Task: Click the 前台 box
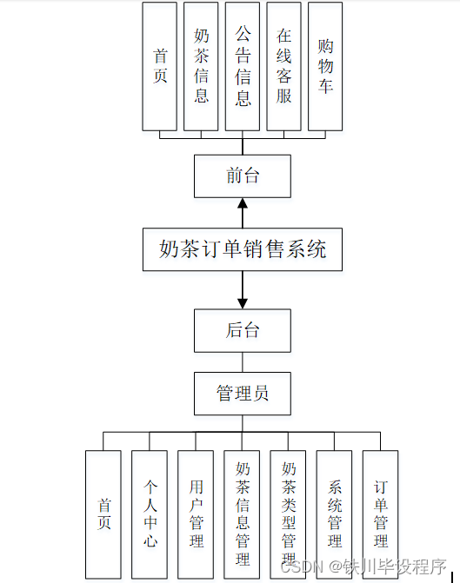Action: [x=243, y=176]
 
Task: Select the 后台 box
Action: [x=243, y=330]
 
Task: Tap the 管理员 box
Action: [x=243, y=393]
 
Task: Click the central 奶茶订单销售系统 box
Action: [x=243, y=249]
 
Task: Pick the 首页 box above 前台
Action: [x=160, y=66]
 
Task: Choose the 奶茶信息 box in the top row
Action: [x=201, y=66]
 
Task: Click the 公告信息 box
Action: [x=243, y=66]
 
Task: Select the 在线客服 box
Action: [x=283, y=66]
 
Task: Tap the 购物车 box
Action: [x=325, y=66]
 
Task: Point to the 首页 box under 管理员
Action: [x=103, y=513]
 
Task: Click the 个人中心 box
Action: [x=150, y=513]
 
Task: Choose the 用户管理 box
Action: [x=196, y=513]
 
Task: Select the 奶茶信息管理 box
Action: [x=242, y=513]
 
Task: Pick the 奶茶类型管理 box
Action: [x=288, y=513]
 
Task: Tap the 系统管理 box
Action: [x=334, y=513]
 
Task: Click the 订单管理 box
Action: [x=380, y=513]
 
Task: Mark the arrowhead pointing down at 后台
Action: [x=243, y=300]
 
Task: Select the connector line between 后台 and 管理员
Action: [x=243, y=361]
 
